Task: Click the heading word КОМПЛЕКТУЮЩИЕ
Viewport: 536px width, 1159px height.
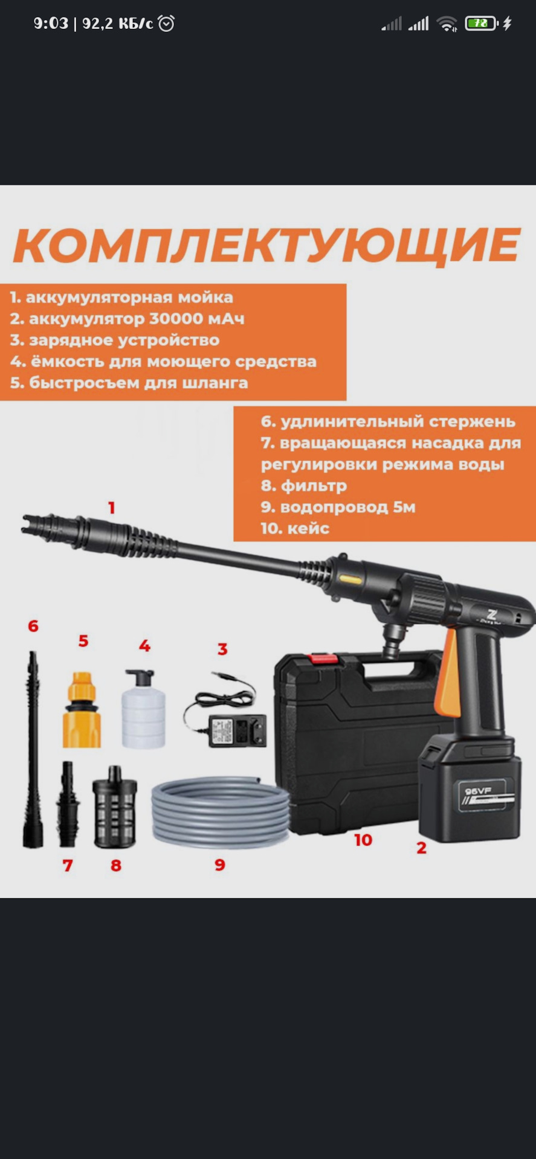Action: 266,245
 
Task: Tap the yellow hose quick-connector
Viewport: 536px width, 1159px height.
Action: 82,710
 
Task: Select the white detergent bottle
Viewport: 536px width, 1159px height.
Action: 143,709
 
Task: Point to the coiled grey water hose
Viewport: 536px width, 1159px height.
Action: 221,813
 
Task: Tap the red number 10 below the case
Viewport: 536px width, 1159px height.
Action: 363,840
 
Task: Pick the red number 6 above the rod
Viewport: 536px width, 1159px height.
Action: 33,626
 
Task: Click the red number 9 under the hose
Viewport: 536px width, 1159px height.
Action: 220,865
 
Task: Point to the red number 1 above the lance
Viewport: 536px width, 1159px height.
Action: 112,508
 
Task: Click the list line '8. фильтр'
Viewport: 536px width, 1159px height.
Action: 304,486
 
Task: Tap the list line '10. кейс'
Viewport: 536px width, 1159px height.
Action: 295,529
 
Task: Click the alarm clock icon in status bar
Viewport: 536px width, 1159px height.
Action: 166,24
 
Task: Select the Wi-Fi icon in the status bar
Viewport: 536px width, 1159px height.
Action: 447,24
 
